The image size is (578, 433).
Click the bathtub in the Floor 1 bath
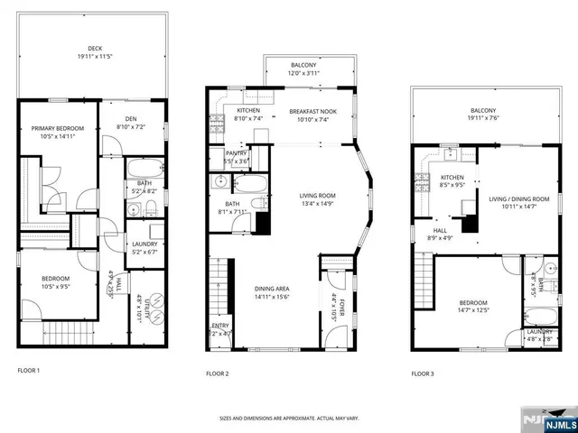click(x=143, y=170)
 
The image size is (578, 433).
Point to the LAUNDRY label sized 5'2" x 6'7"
click(x=144, y=244)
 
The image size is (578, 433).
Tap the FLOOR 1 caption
click(x=30, y=370)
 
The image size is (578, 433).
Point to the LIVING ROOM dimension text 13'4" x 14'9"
click(x=317, y=204)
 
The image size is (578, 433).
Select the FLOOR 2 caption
click(x=217, y=373)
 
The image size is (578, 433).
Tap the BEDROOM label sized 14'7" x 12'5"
click(x=472, y=302)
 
